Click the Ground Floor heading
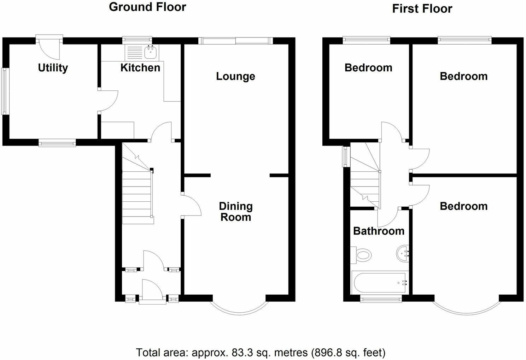coord(147,7)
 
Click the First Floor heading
coord(422,8)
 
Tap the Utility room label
coord(53,67)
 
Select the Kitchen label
coord(140,67)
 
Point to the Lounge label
coord(235,76)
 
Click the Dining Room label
coord(235,211)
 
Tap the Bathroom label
coord(379,231)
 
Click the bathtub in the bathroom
coord(380,283)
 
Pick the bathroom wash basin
coord(403,254)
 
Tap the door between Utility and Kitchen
coord(108,101)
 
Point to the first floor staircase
coord(364,177)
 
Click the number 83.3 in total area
coord(241,352)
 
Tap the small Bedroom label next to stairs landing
coord(368,67)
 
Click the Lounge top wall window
coord(235,41)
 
